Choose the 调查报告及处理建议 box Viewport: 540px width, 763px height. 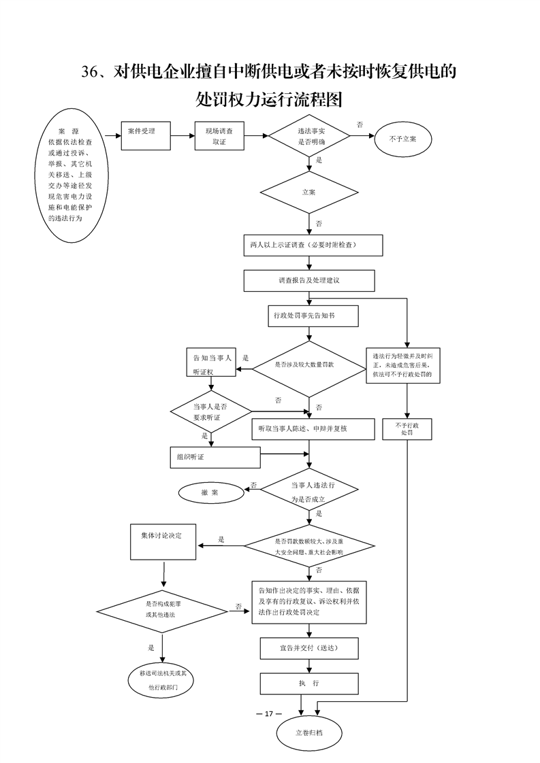309,280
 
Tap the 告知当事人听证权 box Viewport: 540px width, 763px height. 211,363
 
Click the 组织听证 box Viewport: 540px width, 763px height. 215,458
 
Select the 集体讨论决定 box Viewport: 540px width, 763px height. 163,543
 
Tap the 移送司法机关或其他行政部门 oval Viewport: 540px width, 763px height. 163,681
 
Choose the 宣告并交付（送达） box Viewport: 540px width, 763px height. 309,647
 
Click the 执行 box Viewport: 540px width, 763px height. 309,683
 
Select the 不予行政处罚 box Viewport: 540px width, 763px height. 407,429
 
